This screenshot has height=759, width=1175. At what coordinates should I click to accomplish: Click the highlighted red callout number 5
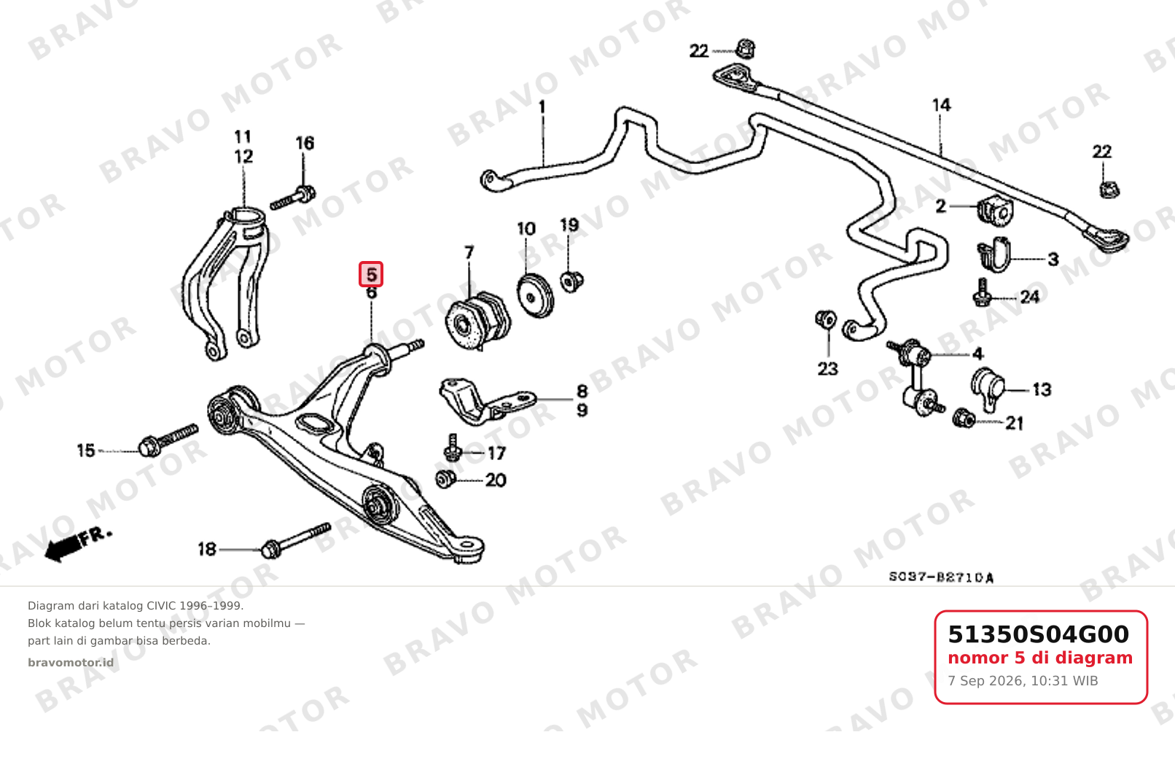coord(371,274)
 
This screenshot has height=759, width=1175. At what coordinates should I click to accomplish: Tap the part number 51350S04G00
coord(1038,634)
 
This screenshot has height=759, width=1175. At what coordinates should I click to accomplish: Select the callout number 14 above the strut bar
coord(941,105)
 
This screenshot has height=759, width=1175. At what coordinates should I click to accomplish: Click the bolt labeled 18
coord(297,540)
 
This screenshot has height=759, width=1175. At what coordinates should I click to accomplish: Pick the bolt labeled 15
coord(168,440)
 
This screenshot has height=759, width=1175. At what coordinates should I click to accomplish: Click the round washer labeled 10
coord(535,295)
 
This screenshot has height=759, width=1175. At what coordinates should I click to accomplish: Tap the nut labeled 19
coord(571,281)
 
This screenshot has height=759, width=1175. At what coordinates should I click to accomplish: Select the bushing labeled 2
coord(995,210)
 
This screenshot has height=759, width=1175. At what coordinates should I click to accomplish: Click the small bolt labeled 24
coord(982,293)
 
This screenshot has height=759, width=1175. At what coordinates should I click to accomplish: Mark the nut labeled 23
coord(826,319)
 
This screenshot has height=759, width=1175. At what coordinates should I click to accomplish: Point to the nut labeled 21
coord(964,418)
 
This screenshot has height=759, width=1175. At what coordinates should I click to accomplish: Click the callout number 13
coord(1042,390)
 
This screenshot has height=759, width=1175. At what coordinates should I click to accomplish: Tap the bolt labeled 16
coord(293,198)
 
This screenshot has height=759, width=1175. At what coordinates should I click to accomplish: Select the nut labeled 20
coord(446,479)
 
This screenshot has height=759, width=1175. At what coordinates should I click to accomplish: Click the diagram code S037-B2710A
coord(941,577)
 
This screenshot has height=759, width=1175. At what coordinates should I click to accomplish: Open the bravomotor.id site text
coord(71,663)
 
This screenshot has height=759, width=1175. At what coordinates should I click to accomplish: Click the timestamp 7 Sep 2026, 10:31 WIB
coord(1023,681)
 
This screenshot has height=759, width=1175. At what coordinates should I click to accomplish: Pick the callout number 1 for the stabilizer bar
coord(542,107)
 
